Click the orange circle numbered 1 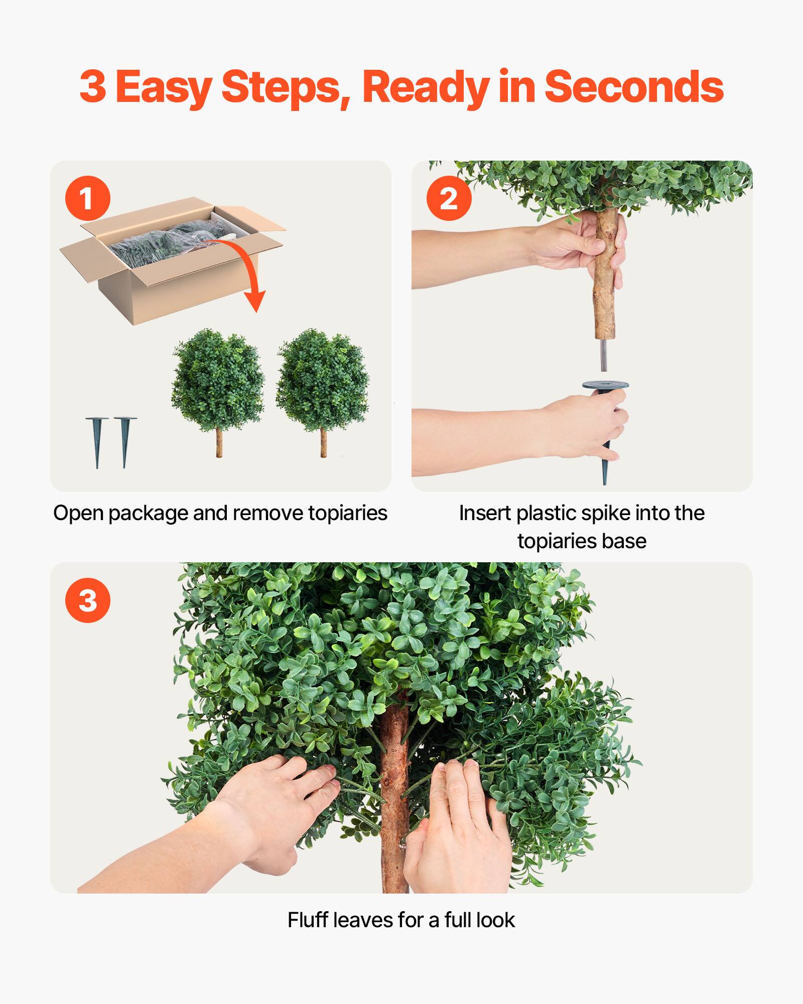[87, 198]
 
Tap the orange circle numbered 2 [449, 198]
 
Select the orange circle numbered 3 [87, 600]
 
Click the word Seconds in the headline [633, 87]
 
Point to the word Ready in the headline [425, 87]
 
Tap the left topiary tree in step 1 [218, 382]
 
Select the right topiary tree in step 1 [323, 382]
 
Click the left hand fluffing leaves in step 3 [271, 813]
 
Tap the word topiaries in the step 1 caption [347, 513]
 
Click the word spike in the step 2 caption [606, 513]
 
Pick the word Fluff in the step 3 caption [307, 920]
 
